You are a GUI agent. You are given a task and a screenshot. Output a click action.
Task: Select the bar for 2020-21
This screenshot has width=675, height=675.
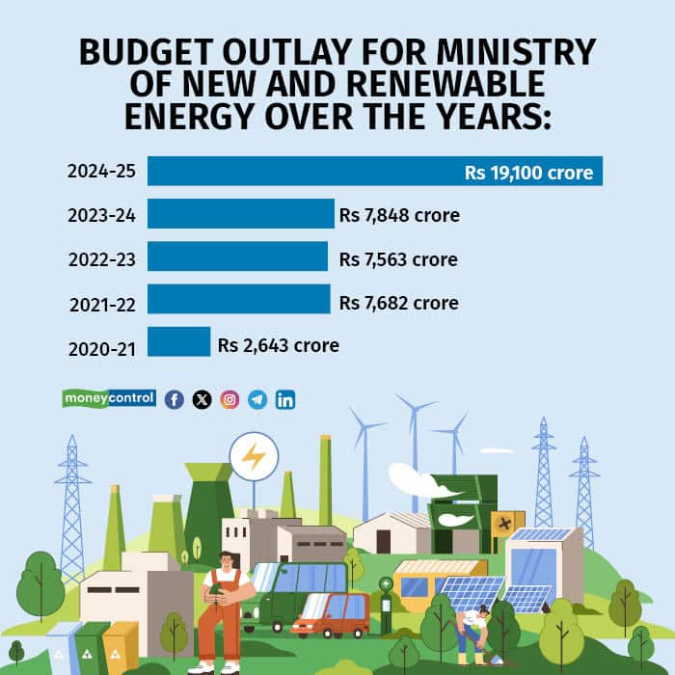tap(178, 342)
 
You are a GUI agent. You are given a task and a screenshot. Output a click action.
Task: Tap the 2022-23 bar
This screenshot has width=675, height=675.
tap(237, 256)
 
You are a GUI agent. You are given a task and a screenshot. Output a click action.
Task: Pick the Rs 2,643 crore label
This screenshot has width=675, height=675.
tap(278, 344)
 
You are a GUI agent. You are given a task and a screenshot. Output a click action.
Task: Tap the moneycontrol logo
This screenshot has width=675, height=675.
tap(109, 398)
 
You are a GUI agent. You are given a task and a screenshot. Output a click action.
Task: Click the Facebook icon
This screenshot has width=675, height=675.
tap(174, 399)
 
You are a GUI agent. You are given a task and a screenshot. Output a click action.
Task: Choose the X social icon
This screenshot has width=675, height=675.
tap(202, 399)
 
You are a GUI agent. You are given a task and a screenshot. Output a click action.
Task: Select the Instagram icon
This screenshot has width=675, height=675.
tap(229, 399)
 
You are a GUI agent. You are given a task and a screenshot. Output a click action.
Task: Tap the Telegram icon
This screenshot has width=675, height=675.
tap(257, 399)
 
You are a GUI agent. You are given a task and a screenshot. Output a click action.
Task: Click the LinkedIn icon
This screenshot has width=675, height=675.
tap(285, 399)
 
